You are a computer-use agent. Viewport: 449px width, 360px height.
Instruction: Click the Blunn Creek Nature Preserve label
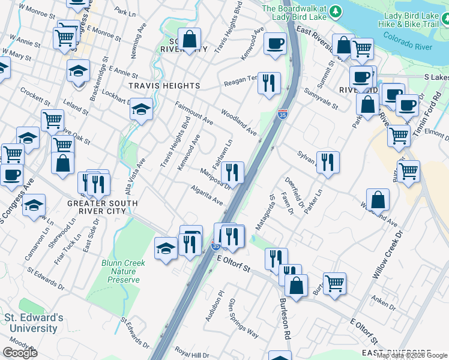124,271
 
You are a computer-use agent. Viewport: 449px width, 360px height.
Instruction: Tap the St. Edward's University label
34,323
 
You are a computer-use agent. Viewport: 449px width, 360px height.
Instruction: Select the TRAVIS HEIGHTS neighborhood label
164,86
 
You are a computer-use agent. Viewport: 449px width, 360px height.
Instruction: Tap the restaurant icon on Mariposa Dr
232,172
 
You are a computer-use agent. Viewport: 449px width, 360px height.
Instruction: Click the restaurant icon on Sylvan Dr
327,161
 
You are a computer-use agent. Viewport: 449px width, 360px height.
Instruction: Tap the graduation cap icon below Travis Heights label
141,109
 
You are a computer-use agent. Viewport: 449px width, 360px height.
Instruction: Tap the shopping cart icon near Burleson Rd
334,283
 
